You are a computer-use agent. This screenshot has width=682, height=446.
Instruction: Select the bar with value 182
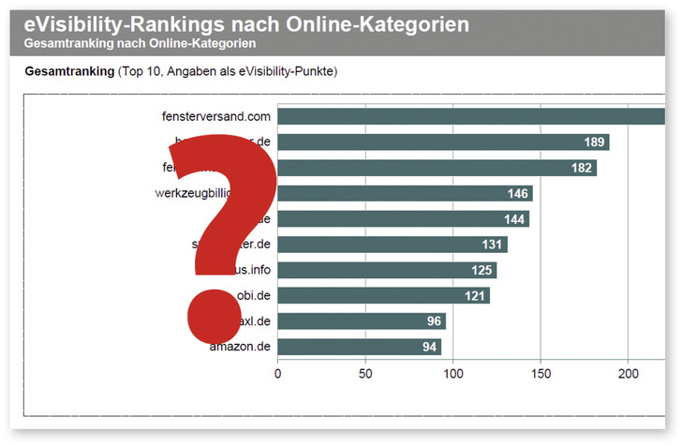pos(437,168)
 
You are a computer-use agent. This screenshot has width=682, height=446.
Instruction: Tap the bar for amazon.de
pos(359,347)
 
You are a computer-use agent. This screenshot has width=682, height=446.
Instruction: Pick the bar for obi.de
pos(383,296)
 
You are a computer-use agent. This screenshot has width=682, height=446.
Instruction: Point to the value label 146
pos(516,194)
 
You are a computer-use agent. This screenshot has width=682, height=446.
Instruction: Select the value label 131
pos(491,245)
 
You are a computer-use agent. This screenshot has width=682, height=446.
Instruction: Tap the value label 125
pos(481,271)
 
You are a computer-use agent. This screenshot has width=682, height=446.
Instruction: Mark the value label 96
pos(433,321)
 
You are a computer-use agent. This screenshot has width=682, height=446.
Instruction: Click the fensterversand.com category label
pos(216,117)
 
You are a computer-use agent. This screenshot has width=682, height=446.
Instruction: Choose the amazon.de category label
pos(241,347)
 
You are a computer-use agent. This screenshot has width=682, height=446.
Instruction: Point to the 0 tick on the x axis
pos(277,373)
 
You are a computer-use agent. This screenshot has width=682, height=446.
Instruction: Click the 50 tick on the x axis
pos(365,373)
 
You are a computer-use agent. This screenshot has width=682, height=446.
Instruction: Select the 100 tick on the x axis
pos(453,373)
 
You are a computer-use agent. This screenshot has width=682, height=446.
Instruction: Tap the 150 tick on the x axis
pos(541,373)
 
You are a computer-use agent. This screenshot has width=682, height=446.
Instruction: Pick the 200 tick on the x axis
pos(629,373)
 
